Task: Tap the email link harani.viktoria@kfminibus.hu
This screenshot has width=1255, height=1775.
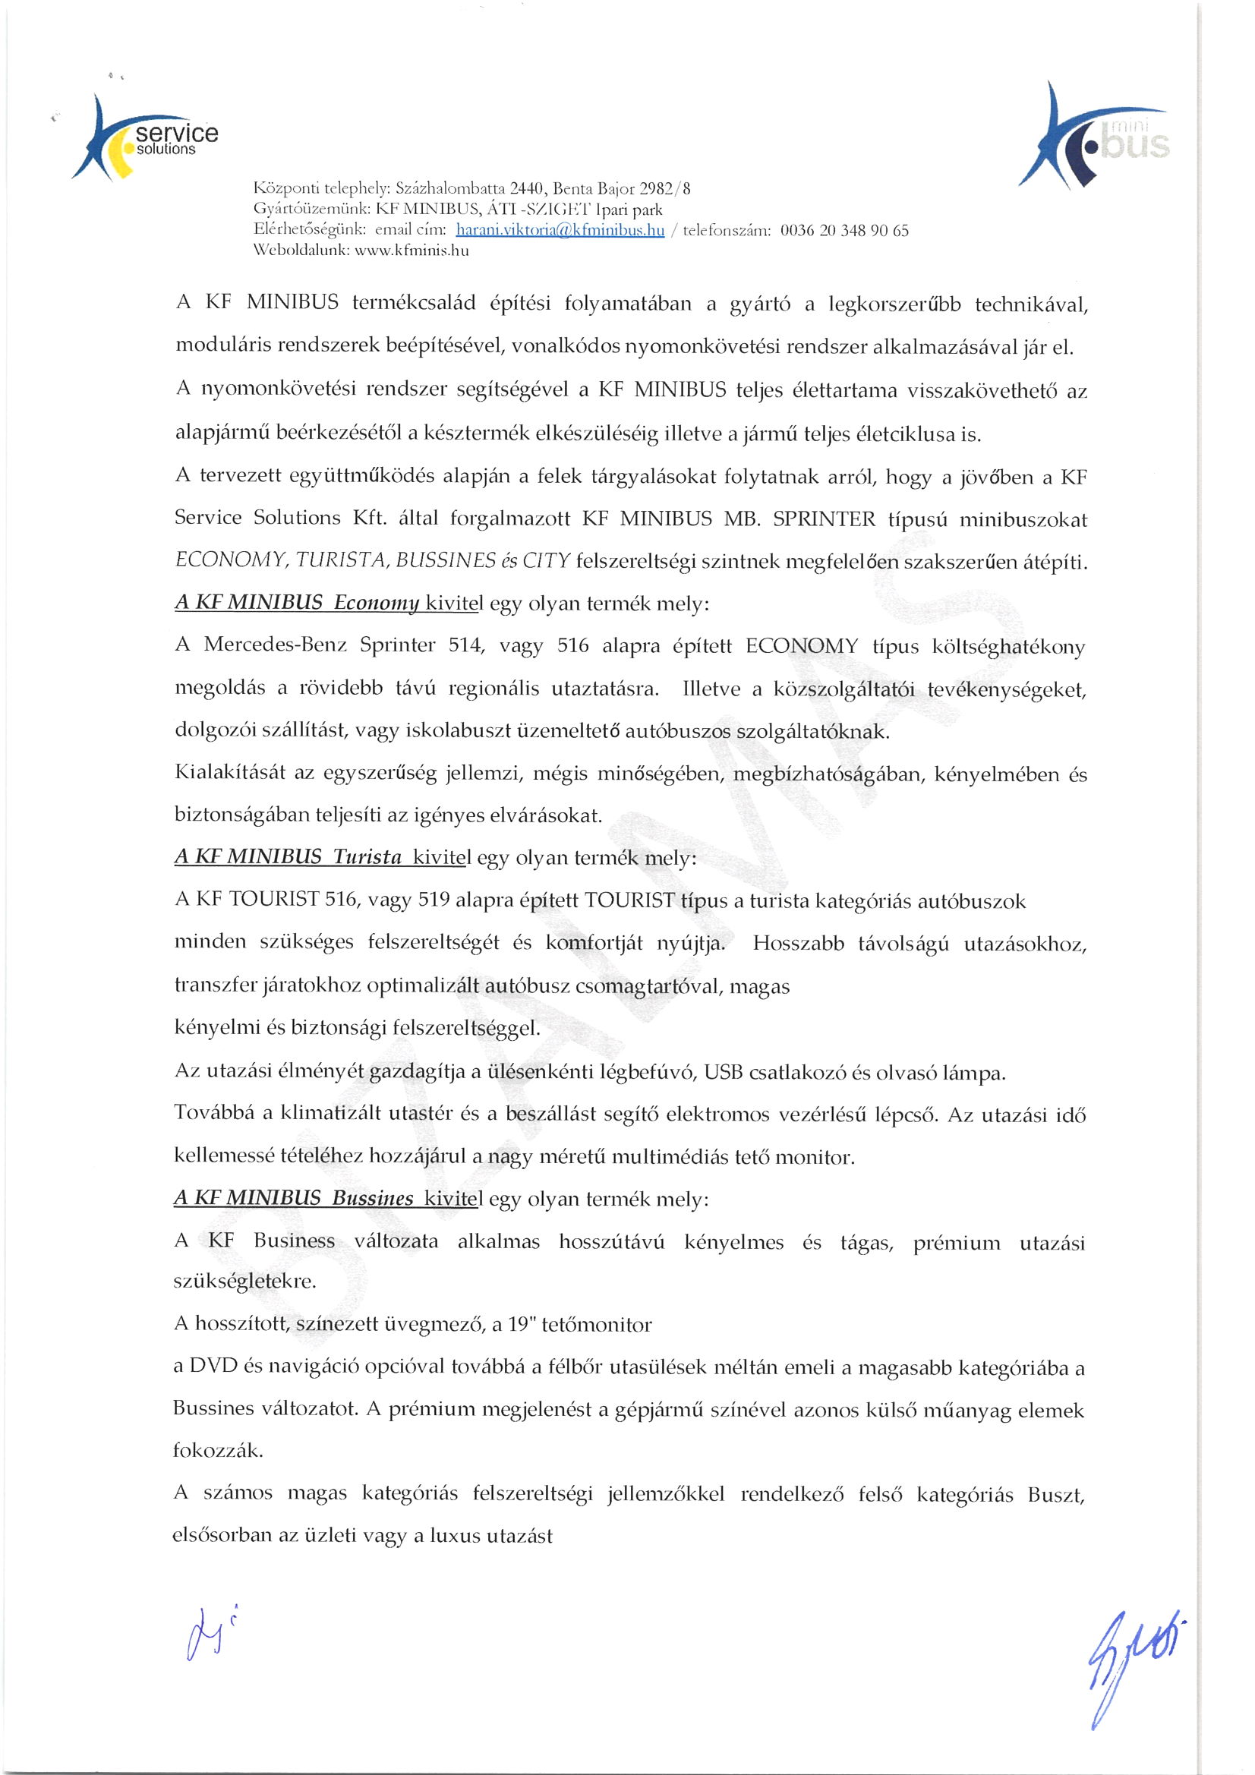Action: click(x=560, y=230)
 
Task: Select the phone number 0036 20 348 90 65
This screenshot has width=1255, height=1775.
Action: click(x=844, y=230)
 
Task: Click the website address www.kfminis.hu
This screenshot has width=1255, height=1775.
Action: click(x=412, y=251)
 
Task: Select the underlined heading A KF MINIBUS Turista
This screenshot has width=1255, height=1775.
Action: click(x=289, y=857)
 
